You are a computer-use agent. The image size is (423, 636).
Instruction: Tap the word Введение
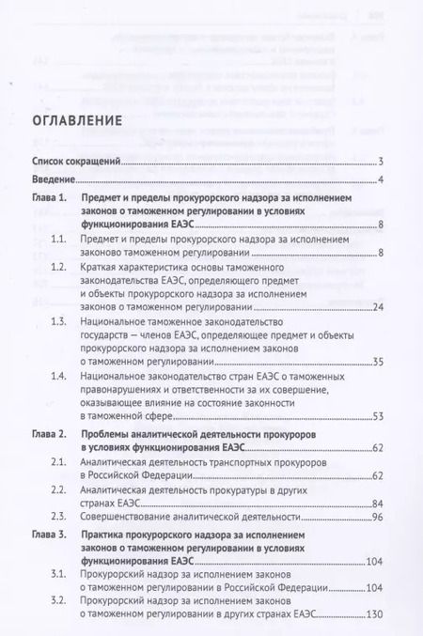point(52,180)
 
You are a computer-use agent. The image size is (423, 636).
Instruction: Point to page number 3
point(379,162)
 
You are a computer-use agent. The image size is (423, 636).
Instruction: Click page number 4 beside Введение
point(379,180)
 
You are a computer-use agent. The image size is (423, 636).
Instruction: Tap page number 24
point(376,307)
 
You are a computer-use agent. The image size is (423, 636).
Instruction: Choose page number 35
point(376,361)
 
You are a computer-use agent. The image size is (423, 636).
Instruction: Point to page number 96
point(376,516)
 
